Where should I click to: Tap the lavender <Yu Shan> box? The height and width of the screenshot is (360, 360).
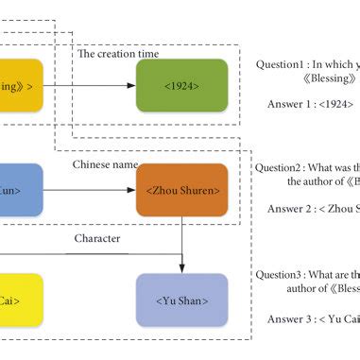pyautogui.click(x=182, y=300)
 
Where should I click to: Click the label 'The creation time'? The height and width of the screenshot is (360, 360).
pyautogui.click(x=118, y=54)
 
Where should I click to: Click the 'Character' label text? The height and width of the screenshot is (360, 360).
pyautogui.click(x=97, y=238)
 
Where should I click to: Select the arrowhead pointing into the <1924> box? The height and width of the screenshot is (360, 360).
pyautogui.click(x=132, y=86)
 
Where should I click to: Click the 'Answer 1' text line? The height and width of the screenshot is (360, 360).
pyautogui.click(x=298, y=106)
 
